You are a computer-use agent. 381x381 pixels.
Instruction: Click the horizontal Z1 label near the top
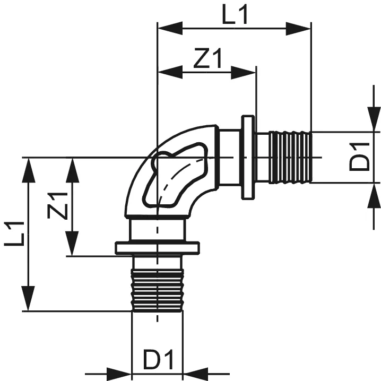pos(207,60)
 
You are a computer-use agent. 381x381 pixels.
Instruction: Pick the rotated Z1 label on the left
pos(59,205)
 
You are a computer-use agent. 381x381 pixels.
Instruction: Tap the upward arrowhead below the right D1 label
pos(373,194)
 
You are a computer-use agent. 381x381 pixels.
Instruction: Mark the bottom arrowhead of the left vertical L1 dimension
pos(29,299)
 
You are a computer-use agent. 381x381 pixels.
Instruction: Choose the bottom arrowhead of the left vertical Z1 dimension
pos(73,245)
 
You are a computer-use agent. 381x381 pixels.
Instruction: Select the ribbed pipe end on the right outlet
pos(290,157)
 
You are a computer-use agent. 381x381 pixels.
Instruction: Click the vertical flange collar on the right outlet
pos(248,157)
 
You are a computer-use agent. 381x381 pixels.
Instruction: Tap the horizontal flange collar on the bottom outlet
pos(157,248)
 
